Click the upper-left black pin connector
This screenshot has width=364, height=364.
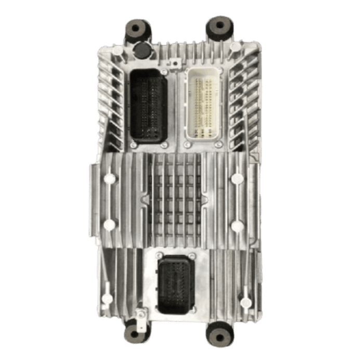[x=149, y=106]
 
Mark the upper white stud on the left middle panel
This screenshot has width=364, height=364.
[x=110, y=178]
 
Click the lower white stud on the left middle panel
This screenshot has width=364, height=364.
[x=110, y=225]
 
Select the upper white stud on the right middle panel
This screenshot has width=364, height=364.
[x=237, y=178]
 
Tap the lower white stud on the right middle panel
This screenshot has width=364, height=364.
[x=237, y=226]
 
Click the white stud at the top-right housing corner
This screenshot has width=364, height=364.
[x=236, y=47]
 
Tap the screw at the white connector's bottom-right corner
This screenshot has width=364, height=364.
[x=219, y=144]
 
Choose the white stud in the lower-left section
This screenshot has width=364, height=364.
[x=108, y=299]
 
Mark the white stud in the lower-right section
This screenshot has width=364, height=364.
[x=244, y=300]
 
